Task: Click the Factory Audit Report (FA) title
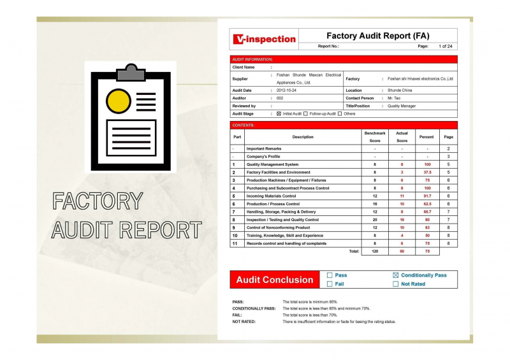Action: (378, 36)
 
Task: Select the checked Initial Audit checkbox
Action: (279, 113)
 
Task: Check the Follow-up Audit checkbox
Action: (305, 113)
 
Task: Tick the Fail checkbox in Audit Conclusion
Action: (330, 284)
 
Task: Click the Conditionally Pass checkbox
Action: (395, 275)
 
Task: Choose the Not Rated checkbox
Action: (395, 284)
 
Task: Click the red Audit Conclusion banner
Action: (275, 280)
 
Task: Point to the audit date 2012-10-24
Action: (288, 90)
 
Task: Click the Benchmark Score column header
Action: (375, 136)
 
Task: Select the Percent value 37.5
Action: (427, 172)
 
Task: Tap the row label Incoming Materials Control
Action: (271, 196)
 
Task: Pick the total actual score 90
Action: (402, 251)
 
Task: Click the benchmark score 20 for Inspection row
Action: (375, 220)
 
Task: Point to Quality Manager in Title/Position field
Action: (402, 106)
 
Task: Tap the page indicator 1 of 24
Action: (445, 47)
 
